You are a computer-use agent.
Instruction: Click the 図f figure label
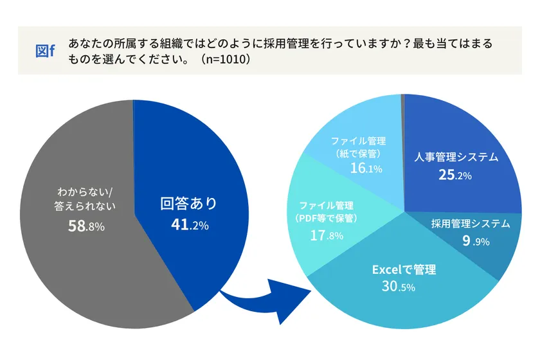coord(45,51)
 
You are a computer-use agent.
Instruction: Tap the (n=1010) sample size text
coord(224,59)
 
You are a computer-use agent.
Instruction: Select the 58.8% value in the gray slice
coord(86,226)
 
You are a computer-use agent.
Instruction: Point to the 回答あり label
coord(188,204)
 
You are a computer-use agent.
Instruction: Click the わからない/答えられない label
coord(86,199)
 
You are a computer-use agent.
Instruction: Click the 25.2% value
coord(455,175)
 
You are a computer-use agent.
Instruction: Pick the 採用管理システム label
coord(470,224)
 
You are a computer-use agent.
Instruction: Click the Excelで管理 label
coord(404,269)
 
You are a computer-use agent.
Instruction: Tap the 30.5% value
coord(399,287)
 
